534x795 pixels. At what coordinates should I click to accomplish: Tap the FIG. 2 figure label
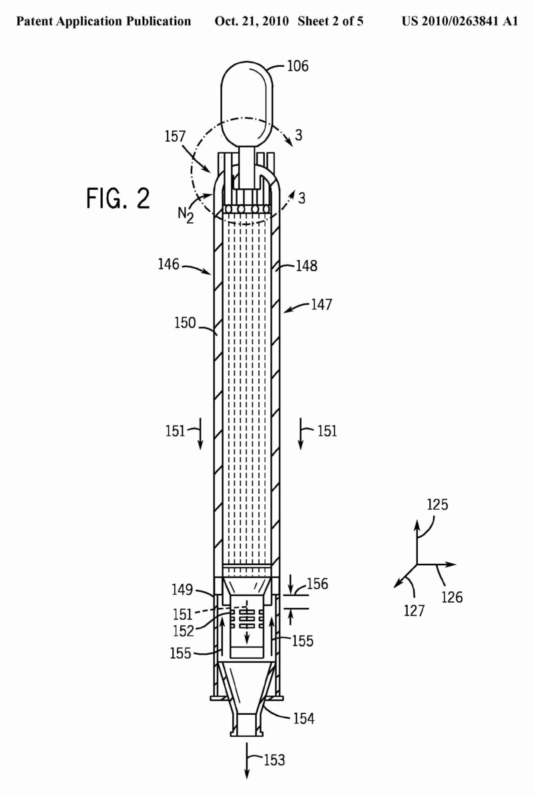click(x=118, y=199)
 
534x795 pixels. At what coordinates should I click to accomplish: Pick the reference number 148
click(x=305, y=266)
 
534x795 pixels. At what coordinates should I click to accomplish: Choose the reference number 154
click(x=304, y=719)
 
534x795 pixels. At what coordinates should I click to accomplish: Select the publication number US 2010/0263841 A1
click(x=460, y=21)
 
